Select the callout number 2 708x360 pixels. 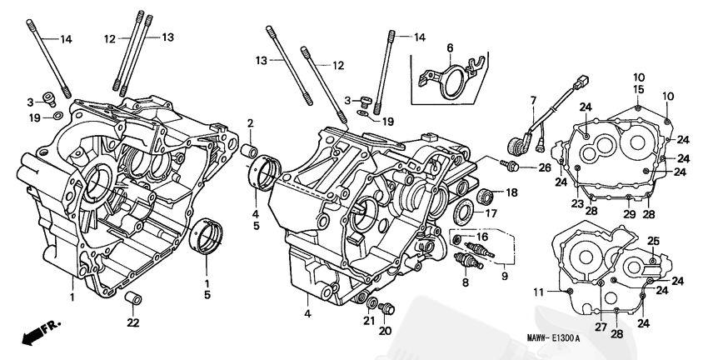249,124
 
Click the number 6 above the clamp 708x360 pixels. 449,47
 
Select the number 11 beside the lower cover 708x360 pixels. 538,290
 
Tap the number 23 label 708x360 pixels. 576,203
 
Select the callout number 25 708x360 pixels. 654,242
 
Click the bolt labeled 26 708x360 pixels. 516,167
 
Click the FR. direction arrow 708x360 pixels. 33,336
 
